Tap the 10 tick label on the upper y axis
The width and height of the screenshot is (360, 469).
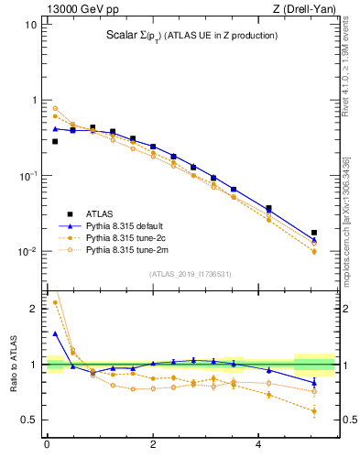[31, 25]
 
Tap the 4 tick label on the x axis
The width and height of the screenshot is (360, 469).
[259, 446]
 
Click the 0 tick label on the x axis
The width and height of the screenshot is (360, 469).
[47, 446]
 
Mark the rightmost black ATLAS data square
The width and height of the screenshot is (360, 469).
[314, 233]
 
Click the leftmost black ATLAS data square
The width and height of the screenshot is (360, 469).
[55, 141]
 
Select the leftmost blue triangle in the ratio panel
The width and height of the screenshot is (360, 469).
[55, 333]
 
